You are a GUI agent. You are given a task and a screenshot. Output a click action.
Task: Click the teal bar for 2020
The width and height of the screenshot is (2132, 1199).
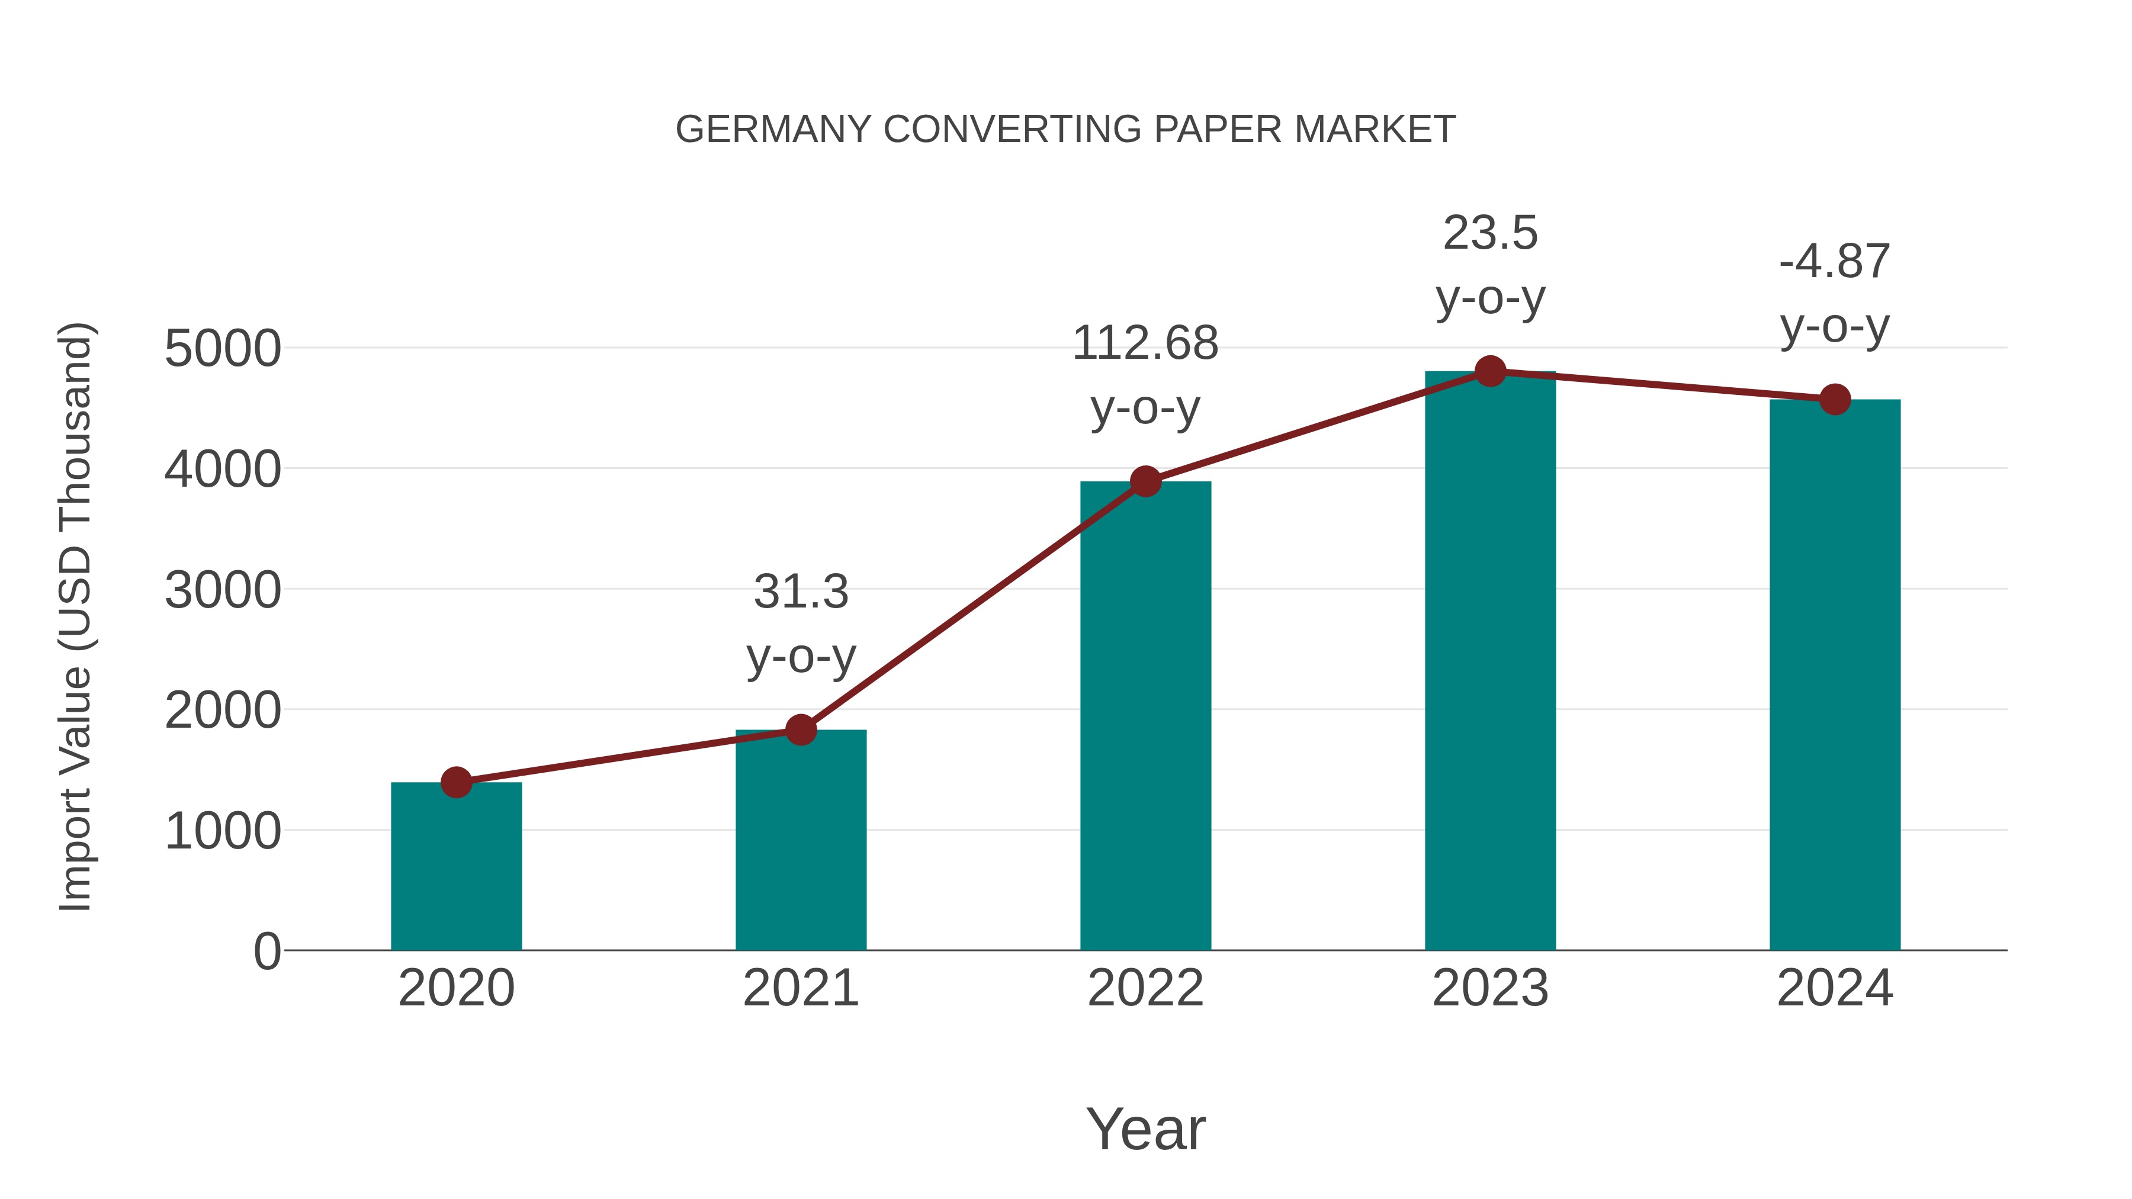point(456,869)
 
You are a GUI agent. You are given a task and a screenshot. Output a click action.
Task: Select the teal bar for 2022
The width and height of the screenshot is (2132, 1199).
point(1145,720)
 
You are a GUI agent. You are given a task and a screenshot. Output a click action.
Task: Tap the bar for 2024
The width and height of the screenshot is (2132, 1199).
point(1835,679)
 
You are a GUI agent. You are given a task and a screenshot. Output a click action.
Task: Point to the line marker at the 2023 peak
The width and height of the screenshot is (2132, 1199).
point(1491,371)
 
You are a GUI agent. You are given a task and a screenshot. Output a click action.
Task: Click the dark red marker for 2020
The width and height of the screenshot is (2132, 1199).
point(456,782)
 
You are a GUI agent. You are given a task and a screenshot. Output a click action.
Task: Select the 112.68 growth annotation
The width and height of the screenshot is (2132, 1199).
point(1145,343)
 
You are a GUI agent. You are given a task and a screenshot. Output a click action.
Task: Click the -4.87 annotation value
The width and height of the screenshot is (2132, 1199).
point(1835,262)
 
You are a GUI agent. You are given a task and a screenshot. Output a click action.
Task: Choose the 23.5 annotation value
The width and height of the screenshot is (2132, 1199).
point(1491,233)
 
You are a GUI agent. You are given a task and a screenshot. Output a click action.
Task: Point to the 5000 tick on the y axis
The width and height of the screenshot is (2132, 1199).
point(223,348)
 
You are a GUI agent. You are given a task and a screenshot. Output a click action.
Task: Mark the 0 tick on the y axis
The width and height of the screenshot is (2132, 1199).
point(266,951)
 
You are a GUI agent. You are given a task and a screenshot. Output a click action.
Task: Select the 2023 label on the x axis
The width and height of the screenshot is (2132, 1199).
point(1491,988)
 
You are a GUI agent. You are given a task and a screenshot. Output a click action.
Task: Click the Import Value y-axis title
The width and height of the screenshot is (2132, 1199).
point(75,616)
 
